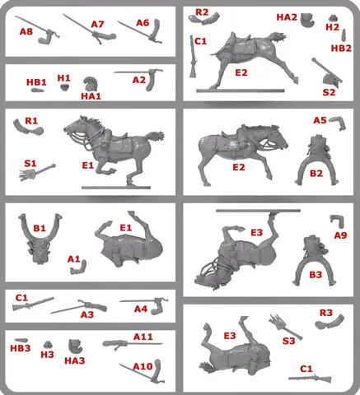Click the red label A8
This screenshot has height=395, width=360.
click(x=26, y=31)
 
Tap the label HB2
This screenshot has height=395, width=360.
click(x=341, y=49)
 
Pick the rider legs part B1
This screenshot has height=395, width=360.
click(x=40, y=239)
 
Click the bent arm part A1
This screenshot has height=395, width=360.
click(x=79, y=268)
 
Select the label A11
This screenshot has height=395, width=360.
click(x=143, y=337)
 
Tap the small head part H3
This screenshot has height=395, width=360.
click(x=48, y=345)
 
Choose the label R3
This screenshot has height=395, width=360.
click(x=326, y=313)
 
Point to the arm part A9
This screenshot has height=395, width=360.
click(x=338, y=221)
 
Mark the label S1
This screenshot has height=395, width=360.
click(x=30, y=164)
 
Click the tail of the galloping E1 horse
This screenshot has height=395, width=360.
click(x=155, y=137)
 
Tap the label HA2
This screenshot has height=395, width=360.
click(x=287, y=17)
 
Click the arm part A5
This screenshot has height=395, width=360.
click(x=338, y=123)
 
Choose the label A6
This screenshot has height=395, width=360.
click(x=143, y=23)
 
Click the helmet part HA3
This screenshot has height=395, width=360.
click(x=75, y=346)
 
